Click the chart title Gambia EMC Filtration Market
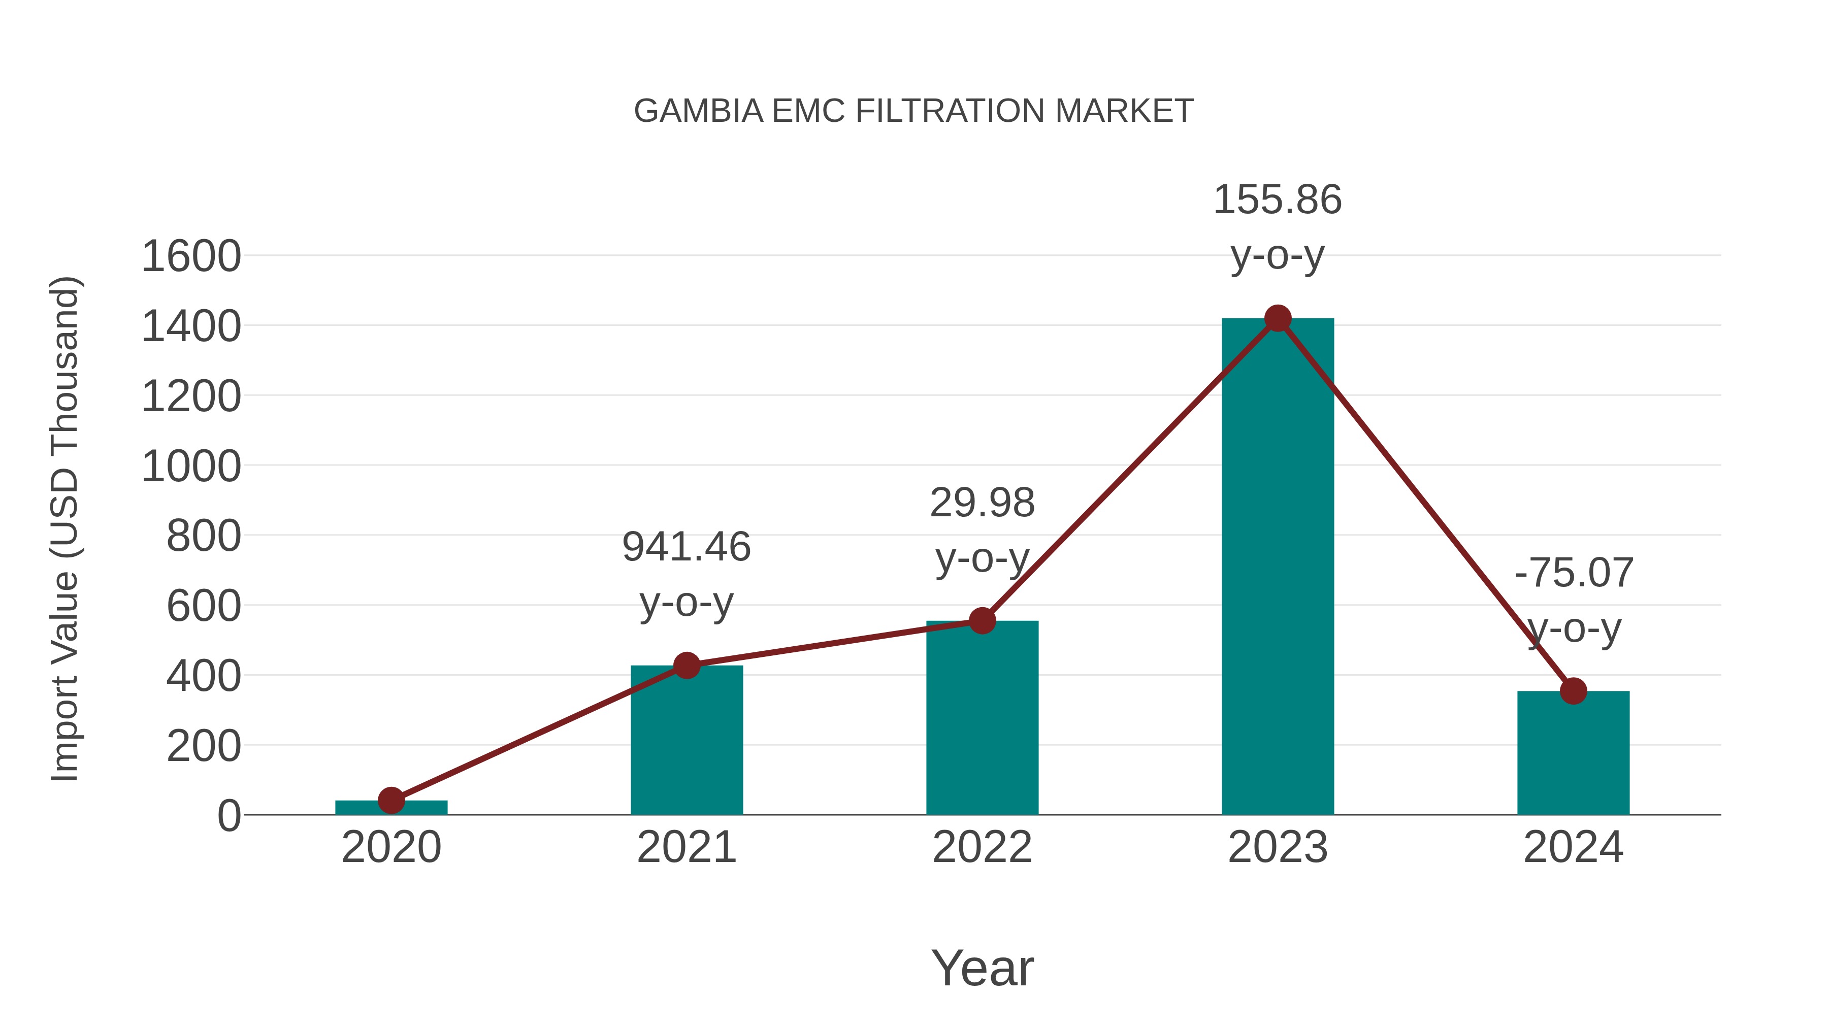pos(913,111)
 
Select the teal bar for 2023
pos(1278,568)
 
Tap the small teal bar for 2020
pos(391,808)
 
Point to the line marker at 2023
pos(1278,318)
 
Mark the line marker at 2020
pos(391,800)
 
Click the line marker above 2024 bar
pos(1573,691)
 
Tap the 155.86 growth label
pos(1278,200)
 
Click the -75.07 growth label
pos(1573,573)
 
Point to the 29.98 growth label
pos(982,503)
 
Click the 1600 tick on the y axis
pos(191,256)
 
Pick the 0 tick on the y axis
pos(229,816)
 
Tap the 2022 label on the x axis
pos(982,847)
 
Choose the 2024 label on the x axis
pos(1573,847)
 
